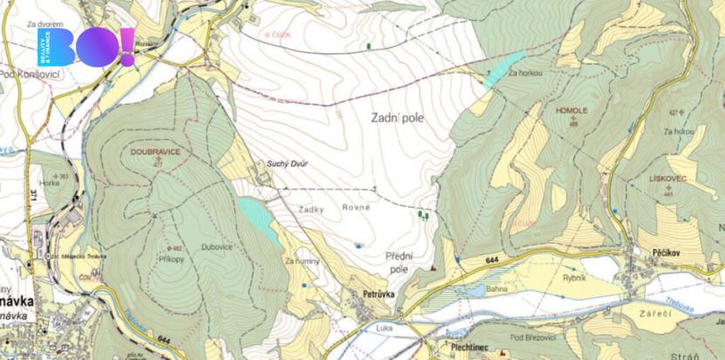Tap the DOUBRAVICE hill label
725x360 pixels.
point(155,152)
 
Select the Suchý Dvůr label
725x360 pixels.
point(288,163)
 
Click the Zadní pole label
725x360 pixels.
point(397,118)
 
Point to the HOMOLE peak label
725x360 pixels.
point(573,112)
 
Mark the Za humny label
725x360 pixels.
point(302,261)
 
